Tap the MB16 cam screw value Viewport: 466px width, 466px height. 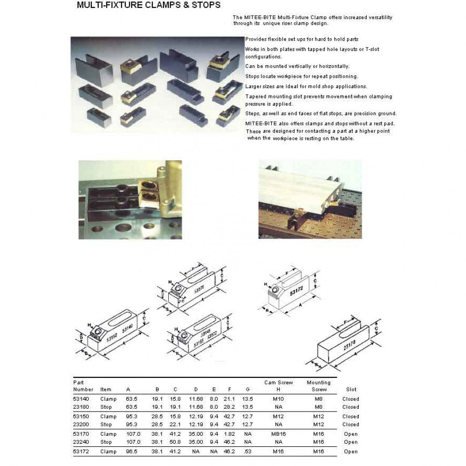(x=279, y=434)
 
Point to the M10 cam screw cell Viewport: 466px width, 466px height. (x=279, y=399)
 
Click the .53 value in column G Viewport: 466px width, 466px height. (x=248, y=451)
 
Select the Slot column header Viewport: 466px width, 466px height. (x=351, y=389)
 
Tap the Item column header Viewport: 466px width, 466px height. (x=106, y=389)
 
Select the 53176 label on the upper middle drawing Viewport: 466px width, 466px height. (x=199, y=292)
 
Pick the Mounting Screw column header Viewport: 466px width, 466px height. (x=319, y=386)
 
